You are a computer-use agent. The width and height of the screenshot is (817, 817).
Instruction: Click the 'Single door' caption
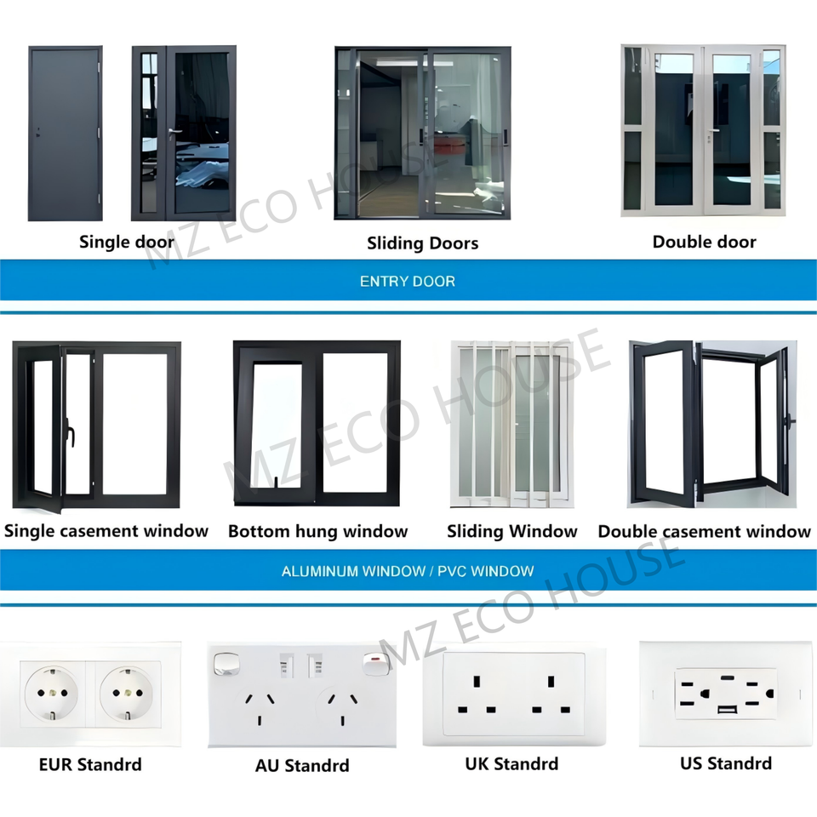pos(127,242)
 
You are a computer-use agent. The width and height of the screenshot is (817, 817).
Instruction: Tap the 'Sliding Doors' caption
pos(422,243)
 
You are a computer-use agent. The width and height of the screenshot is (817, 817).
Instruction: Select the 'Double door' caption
pos(704,242)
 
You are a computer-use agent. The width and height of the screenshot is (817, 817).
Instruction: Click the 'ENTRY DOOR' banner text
pos(408,282)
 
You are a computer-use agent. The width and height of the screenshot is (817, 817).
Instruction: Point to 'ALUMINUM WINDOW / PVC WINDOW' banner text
pos(408,571)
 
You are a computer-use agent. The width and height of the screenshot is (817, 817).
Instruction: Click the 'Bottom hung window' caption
pos(317,532)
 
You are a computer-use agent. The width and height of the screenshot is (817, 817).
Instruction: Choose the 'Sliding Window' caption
pos(511,532)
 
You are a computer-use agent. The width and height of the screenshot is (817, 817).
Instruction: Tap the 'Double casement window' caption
pos(704,532)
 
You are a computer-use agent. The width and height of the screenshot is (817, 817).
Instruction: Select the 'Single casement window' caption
pos(106,532)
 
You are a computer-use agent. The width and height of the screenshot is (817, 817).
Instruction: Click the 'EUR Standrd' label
pos(90,764)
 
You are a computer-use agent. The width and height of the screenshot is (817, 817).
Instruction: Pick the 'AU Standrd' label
pos(302,766)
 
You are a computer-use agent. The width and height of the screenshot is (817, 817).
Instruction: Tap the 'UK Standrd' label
pos(511,764)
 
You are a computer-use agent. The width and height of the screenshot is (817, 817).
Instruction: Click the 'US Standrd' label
pos(726,763)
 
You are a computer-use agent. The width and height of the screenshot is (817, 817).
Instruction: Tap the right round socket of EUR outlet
pos(129,694)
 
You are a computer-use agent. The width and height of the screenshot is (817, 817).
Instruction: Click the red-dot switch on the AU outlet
pos(373,662)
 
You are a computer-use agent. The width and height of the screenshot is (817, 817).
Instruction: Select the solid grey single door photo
pos(66,134)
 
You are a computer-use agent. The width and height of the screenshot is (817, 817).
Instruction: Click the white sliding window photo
pos(511,423)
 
